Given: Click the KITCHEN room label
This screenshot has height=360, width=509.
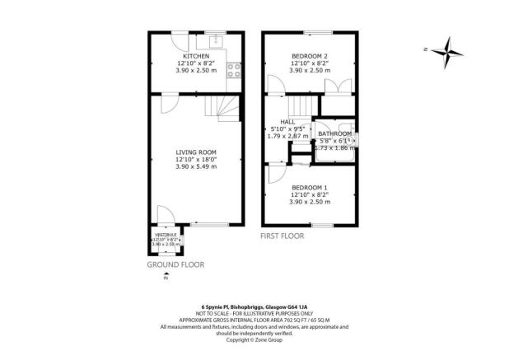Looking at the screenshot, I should tap(195, 56).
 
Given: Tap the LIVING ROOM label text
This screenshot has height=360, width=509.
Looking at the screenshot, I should tap(195, 152).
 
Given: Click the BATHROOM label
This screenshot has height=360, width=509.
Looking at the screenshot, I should tap(335, 133).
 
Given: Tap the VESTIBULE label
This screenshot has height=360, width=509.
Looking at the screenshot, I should tap(161, 236).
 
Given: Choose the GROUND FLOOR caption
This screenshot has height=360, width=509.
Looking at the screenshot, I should tap(175, 264).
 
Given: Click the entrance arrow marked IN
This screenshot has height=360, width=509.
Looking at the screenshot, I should tap(165, 278).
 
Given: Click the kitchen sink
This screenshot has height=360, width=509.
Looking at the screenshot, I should tap(217, 40).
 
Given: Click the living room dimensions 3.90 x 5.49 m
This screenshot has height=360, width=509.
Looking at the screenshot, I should tap(195, 166).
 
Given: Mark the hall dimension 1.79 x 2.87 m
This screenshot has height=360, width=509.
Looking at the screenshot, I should tap(288, 137).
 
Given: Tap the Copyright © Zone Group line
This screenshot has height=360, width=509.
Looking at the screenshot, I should tap(254, 339).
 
